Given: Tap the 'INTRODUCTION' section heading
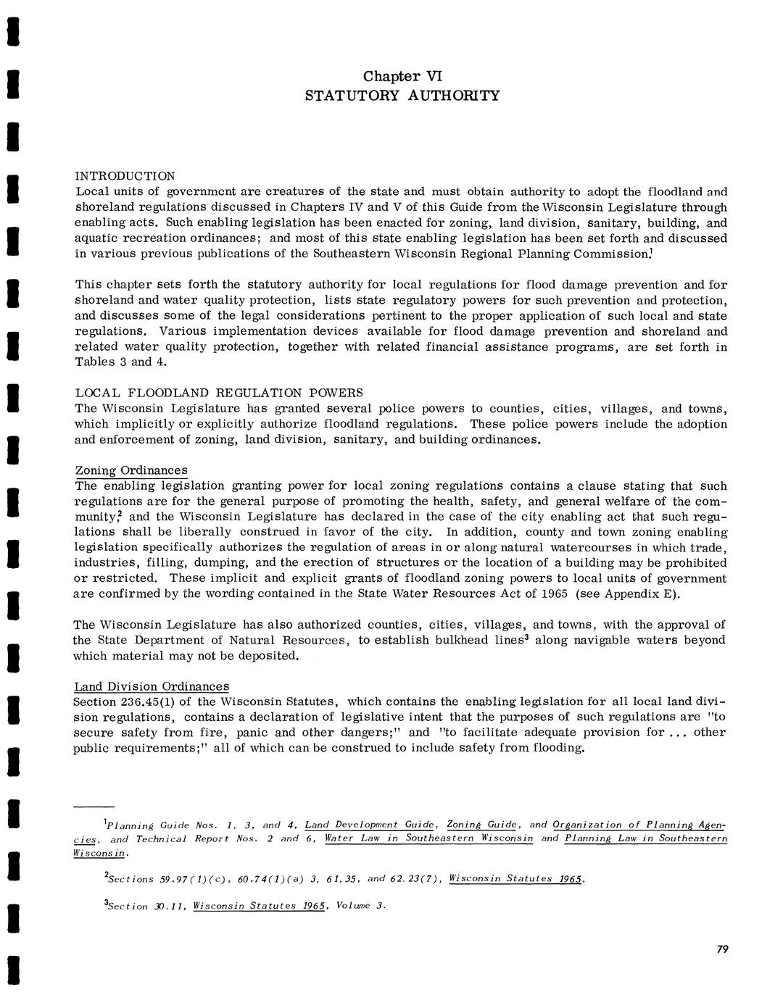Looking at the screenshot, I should (x=125, y=176).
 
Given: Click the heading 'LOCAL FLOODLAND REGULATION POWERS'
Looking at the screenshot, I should (x=218, y=393).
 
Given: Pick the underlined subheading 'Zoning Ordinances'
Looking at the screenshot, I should (x=130, y=470).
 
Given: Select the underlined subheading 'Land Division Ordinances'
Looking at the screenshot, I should (x=152, y=686).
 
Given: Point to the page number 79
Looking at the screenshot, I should (x=721, y=950).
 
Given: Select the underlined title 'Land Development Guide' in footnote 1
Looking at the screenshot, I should (x=370, y=825).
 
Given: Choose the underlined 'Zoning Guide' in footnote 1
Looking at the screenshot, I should (x=481, y=825).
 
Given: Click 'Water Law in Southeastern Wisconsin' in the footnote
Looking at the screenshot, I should (x=429, y=838).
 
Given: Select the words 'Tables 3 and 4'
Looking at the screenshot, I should (x=113, y=362).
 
